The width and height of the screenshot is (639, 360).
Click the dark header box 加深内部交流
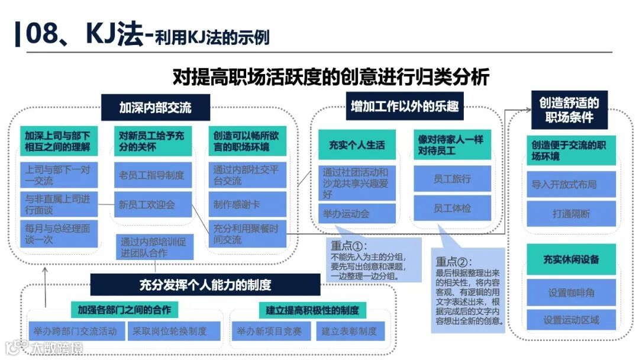[x=156, y=108]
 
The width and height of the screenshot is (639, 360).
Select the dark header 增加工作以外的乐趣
[x=405, y=107]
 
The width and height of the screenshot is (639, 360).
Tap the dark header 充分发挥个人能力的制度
[x=205, y=285]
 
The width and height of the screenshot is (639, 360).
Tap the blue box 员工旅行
[x=452, y=178]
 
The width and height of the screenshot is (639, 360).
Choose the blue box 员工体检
[x=452, y=208]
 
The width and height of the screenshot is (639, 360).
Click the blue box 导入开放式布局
[x=563, y=184]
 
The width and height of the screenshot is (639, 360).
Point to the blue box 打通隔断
[x=571, y=214]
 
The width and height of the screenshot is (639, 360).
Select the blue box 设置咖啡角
[x=571, y=292]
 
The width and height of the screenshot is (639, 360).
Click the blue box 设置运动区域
[x=571, y=320]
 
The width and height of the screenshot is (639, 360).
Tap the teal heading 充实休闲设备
[x=571, y=260]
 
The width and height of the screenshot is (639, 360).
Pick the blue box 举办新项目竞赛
[x=270, y=331]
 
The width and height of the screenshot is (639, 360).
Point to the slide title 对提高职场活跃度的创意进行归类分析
[x=331, y=77]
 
